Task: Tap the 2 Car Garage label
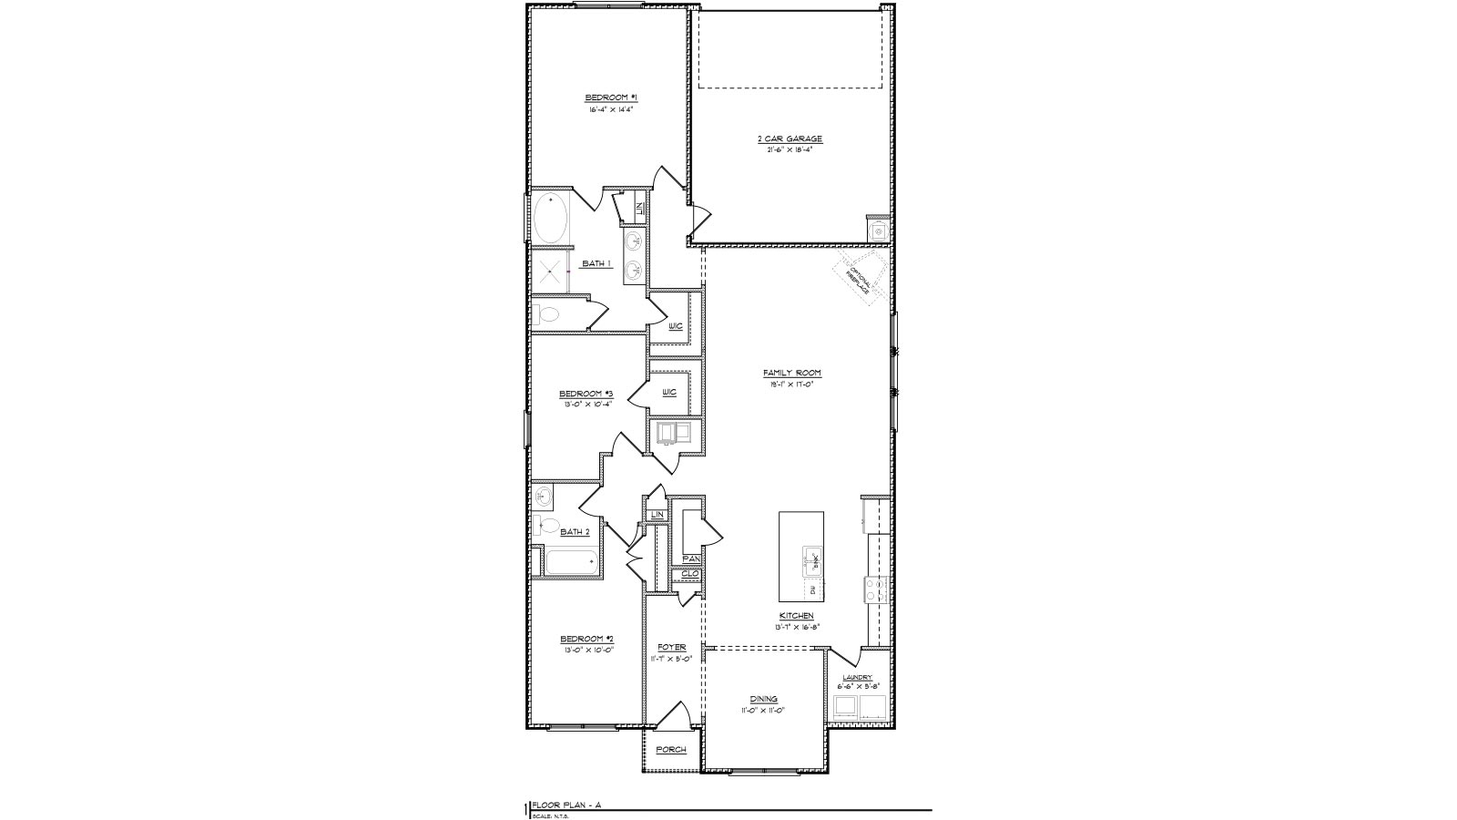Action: point(790,139)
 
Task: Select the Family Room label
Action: point(792,373)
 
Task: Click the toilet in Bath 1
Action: point(547,316)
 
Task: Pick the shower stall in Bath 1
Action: point(549,272)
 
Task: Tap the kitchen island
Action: point(801,558)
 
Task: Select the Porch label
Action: point(671,750)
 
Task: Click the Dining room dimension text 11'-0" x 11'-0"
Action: point(762,710)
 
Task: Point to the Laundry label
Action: point(857,678)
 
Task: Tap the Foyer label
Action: point(671,648)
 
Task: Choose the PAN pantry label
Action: point(690,559)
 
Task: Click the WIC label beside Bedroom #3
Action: point(669,392)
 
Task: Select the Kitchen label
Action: point(795,616)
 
